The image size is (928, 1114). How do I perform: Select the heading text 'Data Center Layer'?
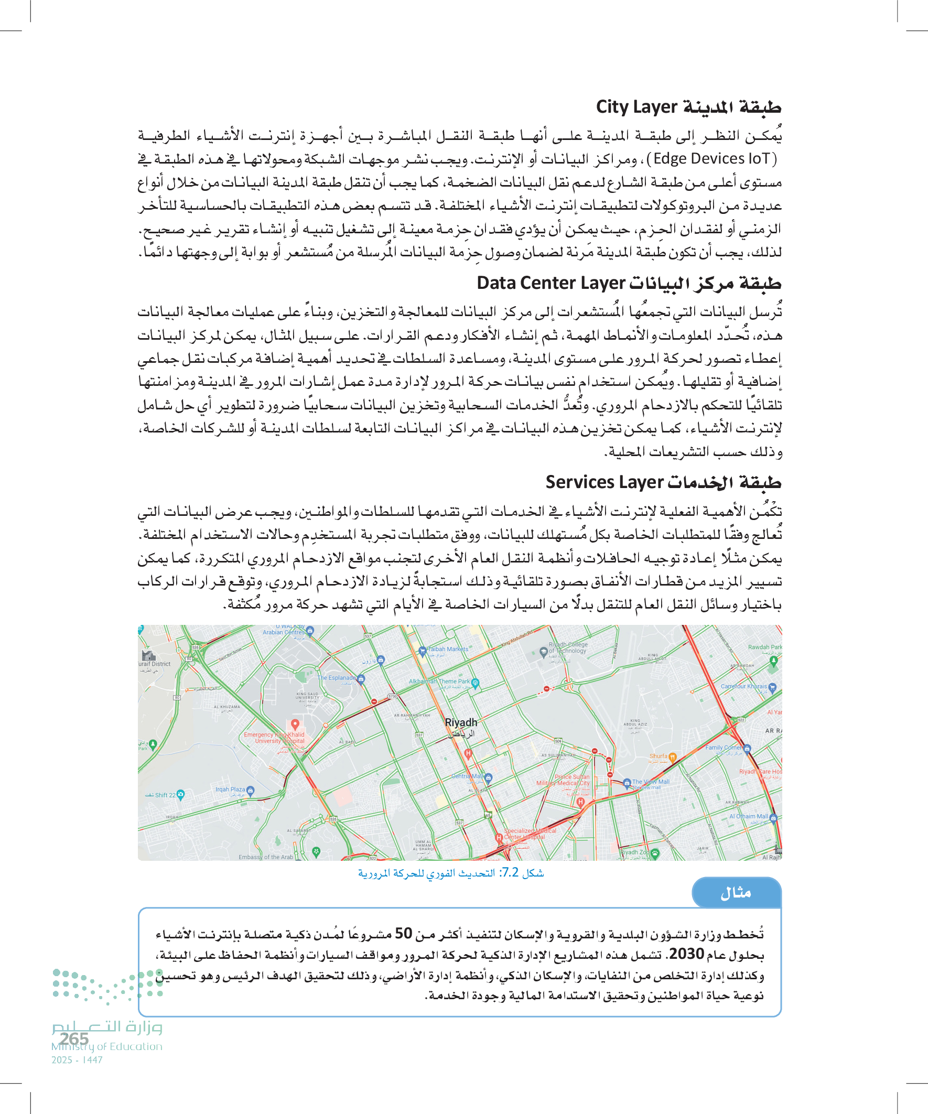pyautogui.click(x=551, y=283)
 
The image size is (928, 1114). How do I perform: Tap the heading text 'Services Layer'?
pyautogui.click(x=605, y=482)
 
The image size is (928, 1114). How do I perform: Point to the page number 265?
pyautogui.click(x=74, y=1038)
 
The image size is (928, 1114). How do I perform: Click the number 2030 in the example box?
pyautogui.click(x=686, y=954)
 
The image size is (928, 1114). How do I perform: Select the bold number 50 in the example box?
pyautogui.click(x=403, y=933)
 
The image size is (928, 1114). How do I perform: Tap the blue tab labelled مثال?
pyautogui.click(x=736, y=893)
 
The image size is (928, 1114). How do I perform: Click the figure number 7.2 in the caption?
pyautogui.click(x=510, y=873)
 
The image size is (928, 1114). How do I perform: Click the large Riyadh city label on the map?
pyautogui.click(x=461, y=722)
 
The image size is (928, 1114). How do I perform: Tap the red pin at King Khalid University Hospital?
pyautogui.click(x=295, y=724)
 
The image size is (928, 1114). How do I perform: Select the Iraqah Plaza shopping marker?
pyautogui.click(x=251, y=790)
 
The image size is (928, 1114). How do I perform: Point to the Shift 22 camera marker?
pyautogui.click(x=181, y=794)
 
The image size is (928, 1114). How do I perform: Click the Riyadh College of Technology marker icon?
pyautogui.click(x=543, y=652)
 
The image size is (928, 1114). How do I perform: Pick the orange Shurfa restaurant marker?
pyautogui.click(x=672, y=756)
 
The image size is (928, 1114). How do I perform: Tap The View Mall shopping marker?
pyautogui.click(x=627, y=782)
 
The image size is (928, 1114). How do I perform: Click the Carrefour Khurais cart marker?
pyautogui.click(x=772, y=687)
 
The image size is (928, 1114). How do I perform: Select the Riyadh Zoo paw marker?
pyautogui.click(x=655, y=852)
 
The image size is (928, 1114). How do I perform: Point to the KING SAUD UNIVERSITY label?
pyautogui.click(x=308, y=696)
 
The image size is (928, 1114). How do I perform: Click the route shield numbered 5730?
pyautogui.click(x=392, y=697)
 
